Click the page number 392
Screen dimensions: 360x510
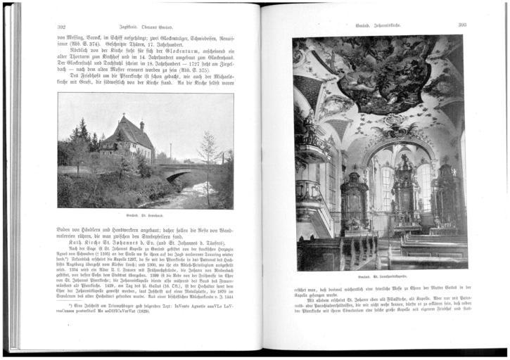[x=61, y=27]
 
